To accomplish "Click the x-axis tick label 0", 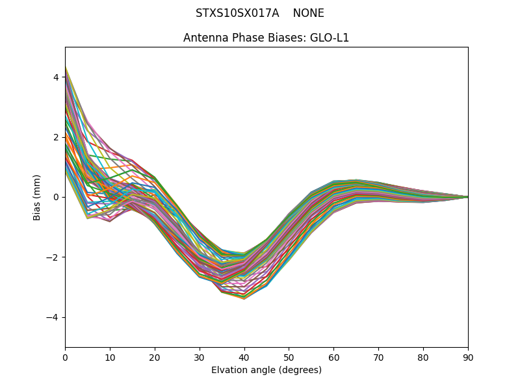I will tap(65, 357).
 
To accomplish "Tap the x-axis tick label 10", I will tap(110, 357).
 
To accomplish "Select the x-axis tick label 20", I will tap(155, 357).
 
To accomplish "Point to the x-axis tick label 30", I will tap(200, 357).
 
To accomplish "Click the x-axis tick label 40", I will tap(244, 357).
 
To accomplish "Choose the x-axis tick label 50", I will tap(289, 357).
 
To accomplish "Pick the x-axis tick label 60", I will tap(333, 357).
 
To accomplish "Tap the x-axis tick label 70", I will tap(378, 357).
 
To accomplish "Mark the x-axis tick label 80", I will tap(423, 357).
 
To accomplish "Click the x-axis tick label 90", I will tap(468, 357).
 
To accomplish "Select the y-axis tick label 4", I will tap(56, 77).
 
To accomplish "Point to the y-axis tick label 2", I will tap(56, 137).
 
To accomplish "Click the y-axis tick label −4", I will tap(53, 317).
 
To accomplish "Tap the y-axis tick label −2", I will tap(53, 257).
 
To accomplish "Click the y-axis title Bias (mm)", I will tap(37, 197).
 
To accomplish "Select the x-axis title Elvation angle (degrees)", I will tap(266, 370).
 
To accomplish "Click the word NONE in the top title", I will tap(308, 13).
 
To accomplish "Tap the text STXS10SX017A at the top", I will tap(238, 13).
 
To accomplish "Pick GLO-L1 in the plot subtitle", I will tap(330, 38).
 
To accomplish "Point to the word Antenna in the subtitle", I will tap(203, 38).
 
